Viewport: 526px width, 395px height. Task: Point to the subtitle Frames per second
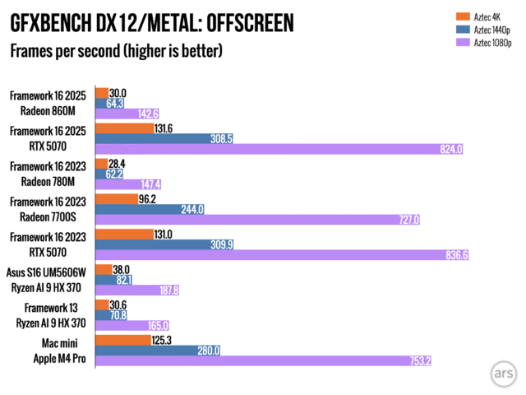pyautogui.click(x=116, y=52)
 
